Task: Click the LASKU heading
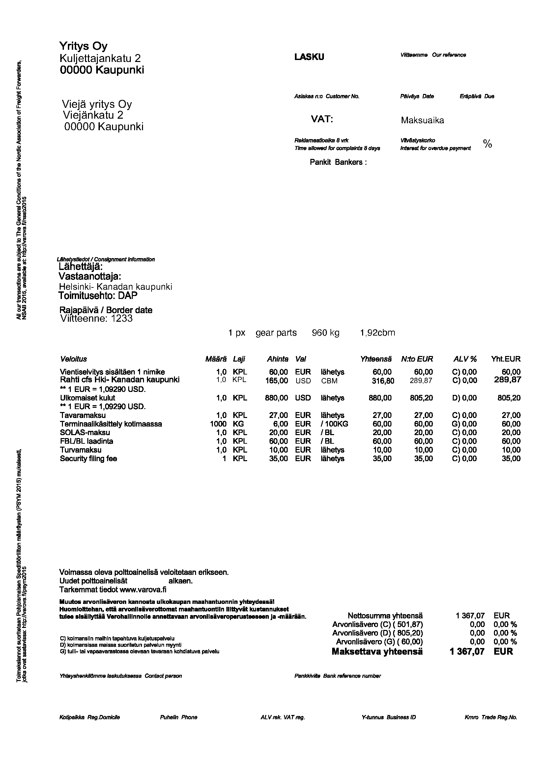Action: [309, 57]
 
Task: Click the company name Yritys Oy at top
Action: [83, 46]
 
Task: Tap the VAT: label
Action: [322, 119]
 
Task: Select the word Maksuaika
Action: [422, 120]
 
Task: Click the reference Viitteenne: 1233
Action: [96, 318]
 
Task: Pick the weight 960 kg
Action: [326, 333]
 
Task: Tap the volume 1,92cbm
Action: [378, 333]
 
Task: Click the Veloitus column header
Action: [73, 359]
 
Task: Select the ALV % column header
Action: [465, 359]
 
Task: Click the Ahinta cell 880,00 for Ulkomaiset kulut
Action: [276, 398]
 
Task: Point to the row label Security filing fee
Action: [89, 459]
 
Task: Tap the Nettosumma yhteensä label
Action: [385, 615]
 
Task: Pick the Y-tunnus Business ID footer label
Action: [388, 717]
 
